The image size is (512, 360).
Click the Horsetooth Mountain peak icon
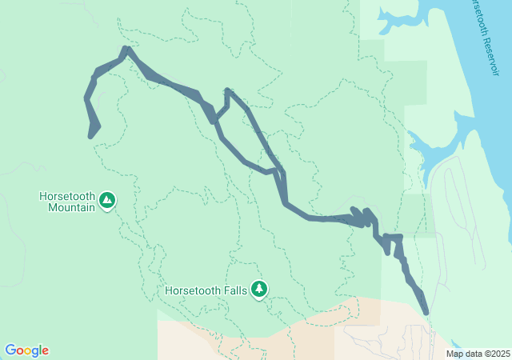click(107, 200)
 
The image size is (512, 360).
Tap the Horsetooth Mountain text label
click(67, 202)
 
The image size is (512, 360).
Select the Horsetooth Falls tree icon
click(258, 289)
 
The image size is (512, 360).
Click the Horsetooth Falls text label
click(206, 290)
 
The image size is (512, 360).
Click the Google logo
click(26, 350)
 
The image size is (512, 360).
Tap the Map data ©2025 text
click(477, 354)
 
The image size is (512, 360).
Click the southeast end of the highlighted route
click(426, 313)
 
